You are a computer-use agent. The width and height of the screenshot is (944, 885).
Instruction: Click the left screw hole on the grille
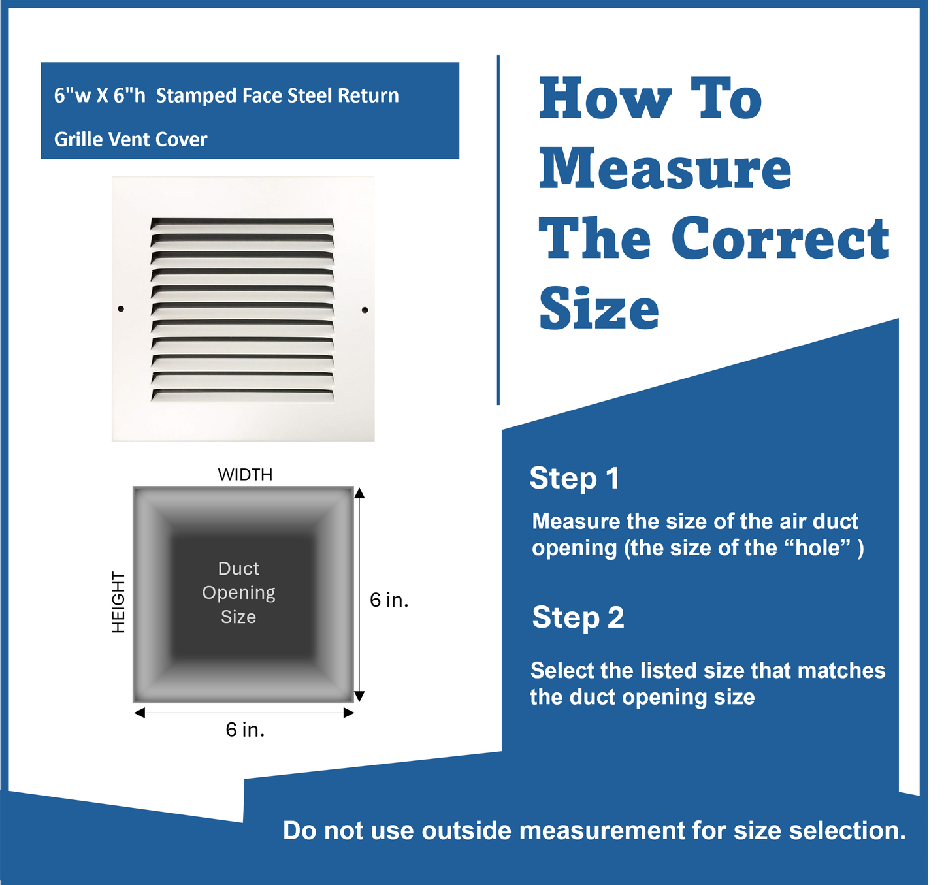pyautogui.click(x=121, y=309)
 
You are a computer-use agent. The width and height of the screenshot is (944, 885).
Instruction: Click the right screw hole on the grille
pyautogui.click(x=365, y=310)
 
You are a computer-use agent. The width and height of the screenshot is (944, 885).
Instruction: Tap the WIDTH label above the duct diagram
pyautogui.click(x=245, y=474)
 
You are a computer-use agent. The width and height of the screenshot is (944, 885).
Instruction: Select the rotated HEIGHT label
pyautogui.click(x=118, y=602)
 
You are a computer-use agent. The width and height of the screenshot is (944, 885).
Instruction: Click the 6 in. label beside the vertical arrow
pyautogui.click(x=389, y=600)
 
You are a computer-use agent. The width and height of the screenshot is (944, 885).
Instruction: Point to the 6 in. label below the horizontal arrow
pyautogui.click(x=245, y=730)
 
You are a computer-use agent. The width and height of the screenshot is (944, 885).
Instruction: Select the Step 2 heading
pyautogui.click(x=578, y=617)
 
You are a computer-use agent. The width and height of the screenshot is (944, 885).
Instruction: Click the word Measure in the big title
pyautogui.click(x=665, y=170)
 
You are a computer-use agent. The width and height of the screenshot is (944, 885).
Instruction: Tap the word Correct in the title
pyautogui.click(x=780, y=238)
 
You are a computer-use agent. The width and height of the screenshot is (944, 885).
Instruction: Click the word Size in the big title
pyautogui.click(x=599, y=308)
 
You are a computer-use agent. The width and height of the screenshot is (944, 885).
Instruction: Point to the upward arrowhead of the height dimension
pyautogui.click(x=359, y=492)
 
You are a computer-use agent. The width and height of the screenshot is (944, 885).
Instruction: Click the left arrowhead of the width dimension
pyautogui.click(x=139, y=713)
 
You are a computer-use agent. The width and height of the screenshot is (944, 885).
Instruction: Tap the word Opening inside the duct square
pyautogui.click(x=238, y=592)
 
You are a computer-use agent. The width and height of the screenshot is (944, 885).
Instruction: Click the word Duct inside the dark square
pyautogui.click(x=238, y=568)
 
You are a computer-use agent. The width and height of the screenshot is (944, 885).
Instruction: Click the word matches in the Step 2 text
pyautogui.click(x=841, y=671)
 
